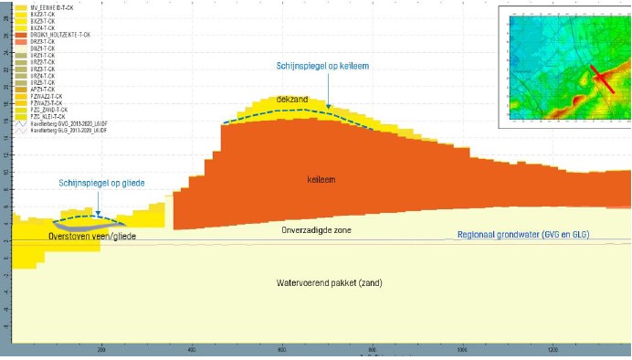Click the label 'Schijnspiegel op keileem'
(323, 66)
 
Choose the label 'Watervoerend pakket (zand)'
(329, 283)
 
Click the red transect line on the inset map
(601, 78)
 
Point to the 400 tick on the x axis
(192, 350)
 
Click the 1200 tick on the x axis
(553, 350)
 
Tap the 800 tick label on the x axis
(372, 350)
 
